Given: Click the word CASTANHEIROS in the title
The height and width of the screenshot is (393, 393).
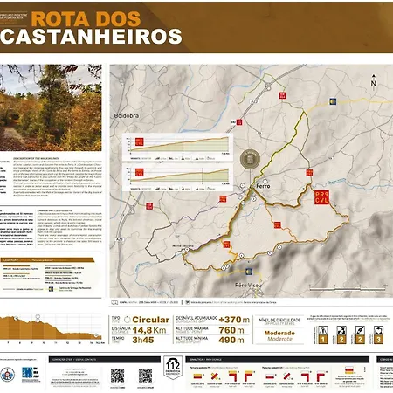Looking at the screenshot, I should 92,37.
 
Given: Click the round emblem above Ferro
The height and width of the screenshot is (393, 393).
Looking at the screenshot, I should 250,159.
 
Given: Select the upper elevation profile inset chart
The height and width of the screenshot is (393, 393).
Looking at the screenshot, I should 179,147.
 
